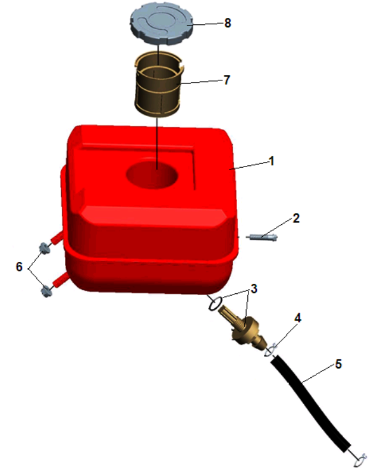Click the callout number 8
pyautogui.click(x=228, y=23)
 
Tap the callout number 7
pyautogui.click(x=227, y=80)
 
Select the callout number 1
pyautogui.click(x=272, y=161)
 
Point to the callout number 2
pyautogui.click(x=296, y=218)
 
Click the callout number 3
pyautogui.click(x=254, y=289)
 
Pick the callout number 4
pyautogui.click(x=298, y=318)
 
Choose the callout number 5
pyautogui.click(x=338, y=364)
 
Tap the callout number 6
pyautogui.click(x=19, y=267)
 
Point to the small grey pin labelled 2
pyautogui.click(x=262, y=237)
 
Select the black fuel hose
pyautogui.click(x=310, y=403)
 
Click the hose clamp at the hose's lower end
pyautogui.click(x=360, y=460)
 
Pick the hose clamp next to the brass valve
pyautogui.click(x=271, y=350)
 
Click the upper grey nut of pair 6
pyautogui.click(x=44, y=248)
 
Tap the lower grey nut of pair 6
pyautogui.click(x=46, y=292)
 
